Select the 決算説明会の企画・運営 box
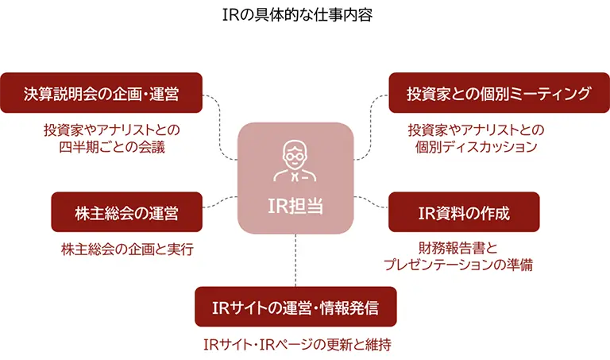click(x=101, y=93)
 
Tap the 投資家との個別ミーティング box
click(x=499, y=93)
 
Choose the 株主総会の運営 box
click(x=126, y=213)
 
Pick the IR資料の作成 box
click(x=464, y=213)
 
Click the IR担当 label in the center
click(x=295, y=205)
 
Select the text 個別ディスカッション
click(x=476, y=147)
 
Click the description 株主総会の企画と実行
click(x=127, y=250)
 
